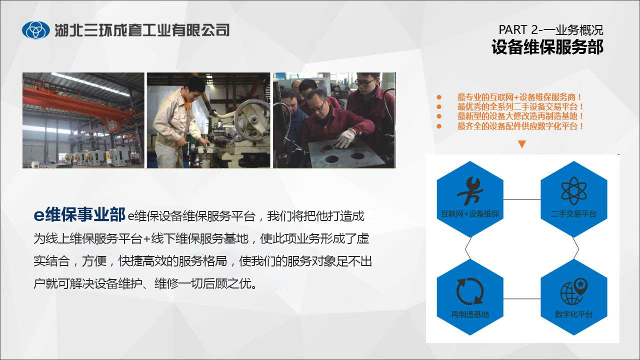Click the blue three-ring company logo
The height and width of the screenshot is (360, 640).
click(x=35, y=30)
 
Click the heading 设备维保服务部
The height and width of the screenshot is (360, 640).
click(x=547, y=47)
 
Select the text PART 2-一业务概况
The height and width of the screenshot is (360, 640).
click(x=551, y=29)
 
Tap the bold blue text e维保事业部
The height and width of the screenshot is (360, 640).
click(x=79, y=214)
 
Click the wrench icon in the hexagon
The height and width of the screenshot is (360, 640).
click(x=470, y=191)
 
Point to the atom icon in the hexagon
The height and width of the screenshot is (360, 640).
click(x=573, y=191)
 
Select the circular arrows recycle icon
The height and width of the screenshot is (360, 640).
click(x=470, y=291)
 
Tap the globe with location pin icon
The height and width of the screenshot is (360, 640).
click(x=573, y=291)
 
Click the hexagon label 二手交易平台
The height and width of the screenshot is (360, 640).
click(x=573, y=213)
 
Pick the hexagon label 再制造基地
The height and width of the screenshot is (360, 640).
click(x=470, y=314)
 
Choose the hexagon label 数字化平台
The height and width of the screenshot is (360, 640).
click(x=573, y=314)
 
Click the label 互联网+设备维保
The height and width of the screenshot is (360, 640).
click(x=470, y=213)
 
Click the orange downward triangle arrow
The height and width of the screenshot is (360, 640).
click(x=522, y=144)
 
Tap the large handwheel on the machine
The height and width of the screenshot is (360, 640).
click(x=251, y=120)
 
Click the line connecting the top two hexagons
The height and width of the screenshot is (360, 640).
click(x=522, y=199)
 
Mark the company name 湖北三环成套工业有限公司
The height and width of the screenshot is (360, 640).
click(x=142, y=30)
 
